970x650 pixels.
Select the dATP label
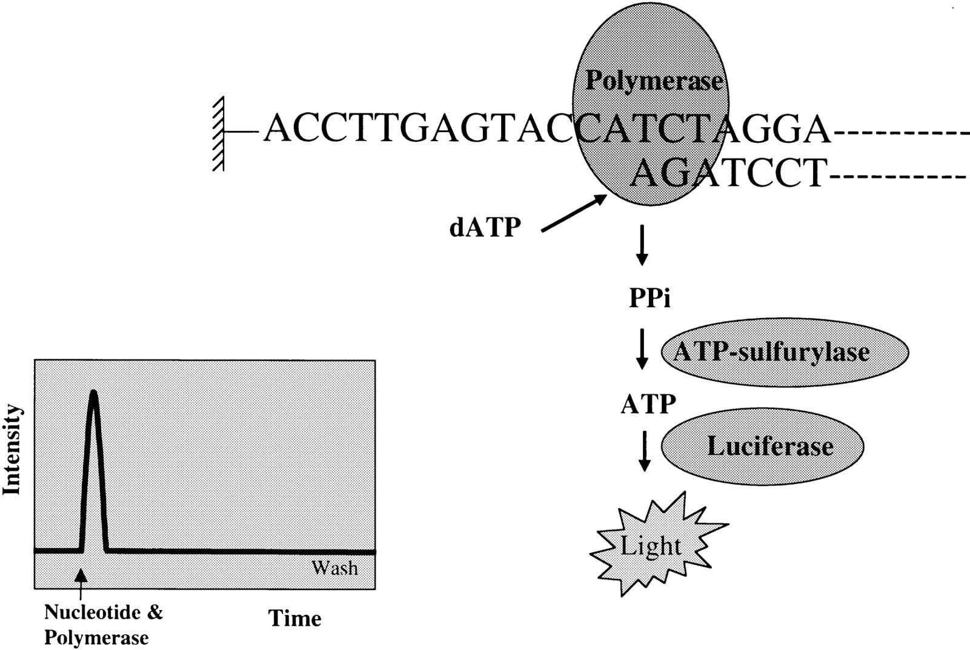pyautogui.click(x=485, y=227)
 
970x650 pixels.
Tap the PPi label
pyautogui.click(x=649, y=297)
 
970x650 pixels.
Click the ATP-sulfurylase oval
pyautogui.click(x=784, y=352)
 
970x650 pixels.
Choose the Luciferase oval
pyautogui.click(x=762, y=446)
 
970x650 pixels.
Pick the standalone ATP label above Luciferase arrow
pyautogui.click(x=648, y=404)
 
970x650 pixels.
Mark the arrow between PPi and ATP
pyautogui.click(x=642, y=349)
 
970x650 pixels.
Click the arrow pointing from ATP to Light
pyautogui.click(x=645, y=451)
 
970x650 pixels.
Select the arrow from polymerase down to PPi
pyautogui.click(x=642, y=245)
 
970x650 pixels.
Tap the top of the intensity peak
pyautogui.click(x=93, y=392)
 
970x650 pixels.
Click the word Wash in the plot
pyautogui.click(x=334, y=568)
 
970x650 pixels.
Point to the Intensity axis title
pyautogui.click(x=12, y=449)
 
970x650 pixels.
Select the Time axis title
pyautogui.click(x=294, y=618)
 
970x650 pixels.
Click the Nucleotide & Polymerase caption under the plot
pyautogui.click(x=104, y=625)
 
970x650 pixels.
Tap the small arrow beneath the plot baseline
pyautogui.click(x=81, y=584)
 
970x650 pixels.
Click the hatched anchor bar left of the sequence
pyautogui.click(x=218, y=133)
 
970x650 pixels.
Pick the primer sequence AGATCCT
pyautogui.click(x=728, y=173)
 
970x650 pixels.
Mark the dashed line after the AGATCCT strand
pyautogui.click(x=899, y=177)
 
